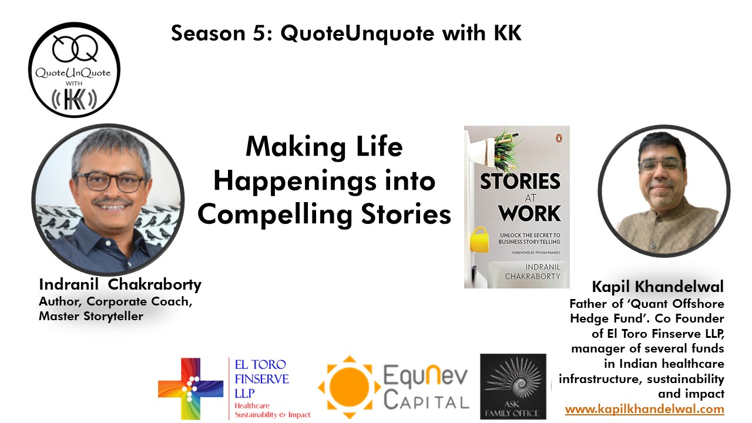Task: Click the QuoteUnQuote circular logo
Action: (74, 69)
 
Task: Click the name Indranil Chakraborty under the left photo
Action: (120, 285)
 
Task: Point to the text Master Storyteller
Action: (91, 317)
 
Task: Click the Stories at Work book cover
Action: (516, 207)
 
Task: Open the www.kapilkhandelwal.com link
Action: (644, 409)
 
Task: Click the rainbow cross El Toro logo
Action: (190, 388)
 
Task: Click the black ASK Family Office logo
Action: (513, 386)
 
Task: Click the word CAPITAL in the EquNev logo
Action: (426, 402)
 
